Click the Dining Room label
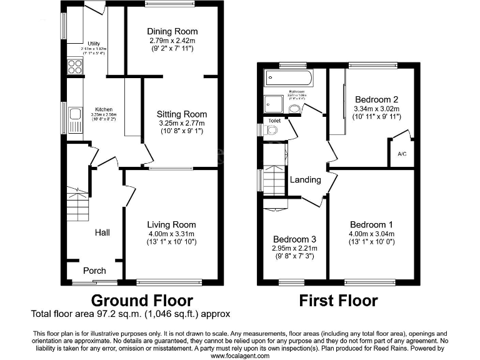click(172, 31)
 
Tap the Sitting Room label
click(181, 114)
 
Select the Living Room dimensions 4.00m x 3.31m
click(171, 234)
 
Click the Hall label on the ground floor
click(102, 232)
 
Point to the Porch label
click(94, 271)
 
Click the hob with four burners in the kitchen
click(75, 66)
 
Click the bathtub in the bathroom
click(289, 79)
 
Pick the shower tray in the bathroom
click(274, 104)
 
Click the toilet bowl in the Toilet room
click(271, 130)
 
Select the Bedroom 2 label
click(376, 99)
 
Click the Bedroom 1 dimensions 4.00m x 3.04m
click(372, 234)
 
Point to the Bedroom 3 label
click(294, 239)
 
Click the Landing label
click(305, 179)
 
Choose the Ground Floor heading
click(142, 301)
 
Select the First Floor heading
click(338, 301)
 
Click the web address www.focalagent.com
click(240, 356)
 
